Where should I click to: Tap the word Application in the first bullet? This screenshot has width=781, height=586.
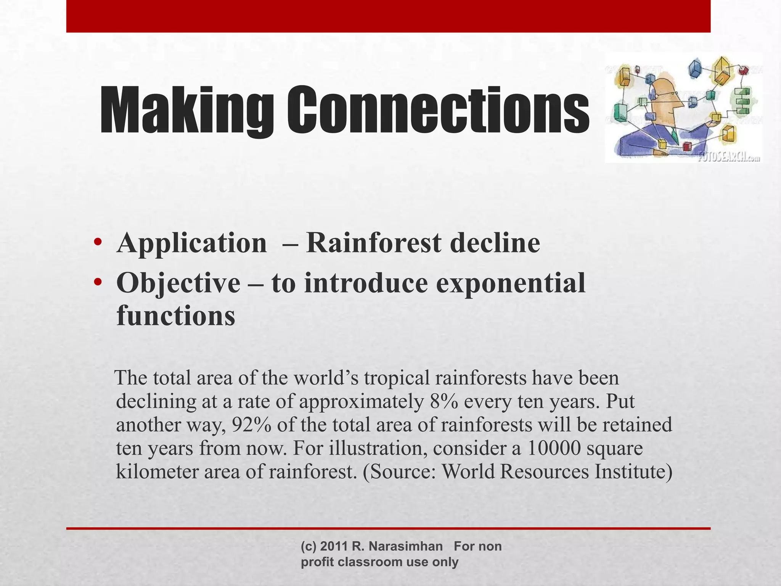click(192, 243)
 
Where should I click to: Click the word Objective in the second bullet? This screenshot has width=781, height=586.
click(178, 283)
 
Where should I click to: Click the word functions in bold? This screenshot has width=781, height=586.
click(176, 316)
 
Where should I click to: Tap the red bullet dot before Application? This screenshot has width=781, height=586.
click(98, 242)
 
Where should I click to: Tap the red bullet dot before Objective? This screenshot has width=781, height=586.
click(98, 282)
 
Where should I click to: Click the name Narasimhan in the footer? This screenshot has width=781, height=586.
click(406, 546)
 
